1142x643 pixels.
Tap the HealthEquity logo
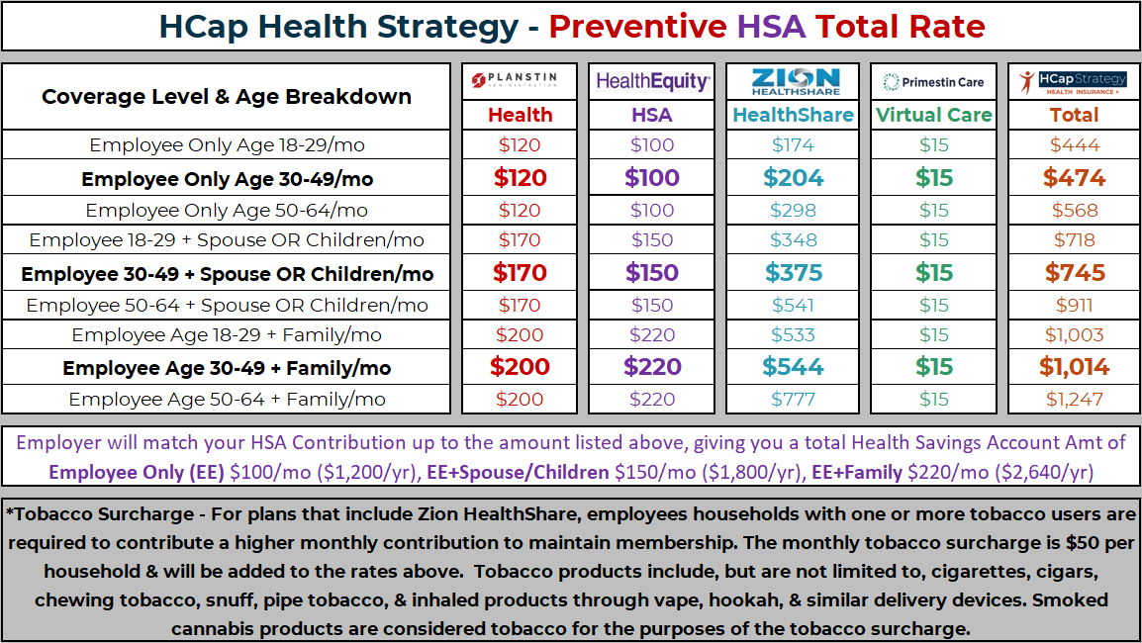click(652, 82)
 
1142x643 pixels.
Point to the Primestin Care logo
click(934, 82)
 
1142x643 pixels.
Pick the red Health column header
click(521, 115)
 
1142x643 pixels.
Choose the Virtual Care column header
click(934, 115)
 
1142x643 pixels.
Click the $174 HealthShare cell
click(794, 145)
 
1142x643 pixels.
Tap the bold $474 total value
click(1074, 178)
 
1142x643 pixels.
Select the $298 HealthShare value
click(794, 211)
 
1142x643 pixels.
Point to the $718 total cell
click(1074, 240)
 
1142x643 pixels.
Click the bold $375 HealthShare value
click(794, 273)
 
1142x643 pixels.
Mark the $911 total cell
click(1074, 306)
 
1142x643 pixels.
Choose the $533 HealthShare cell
click(794, 335)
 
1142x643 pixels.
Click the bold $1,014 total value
click(1074, 367)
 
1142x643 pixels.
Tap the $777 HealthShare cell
click(794, 400)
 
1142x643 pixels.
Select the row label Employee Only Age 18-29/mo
click(227, 145)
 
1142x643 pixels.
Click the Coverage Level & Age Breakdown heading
click(227, 97)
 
